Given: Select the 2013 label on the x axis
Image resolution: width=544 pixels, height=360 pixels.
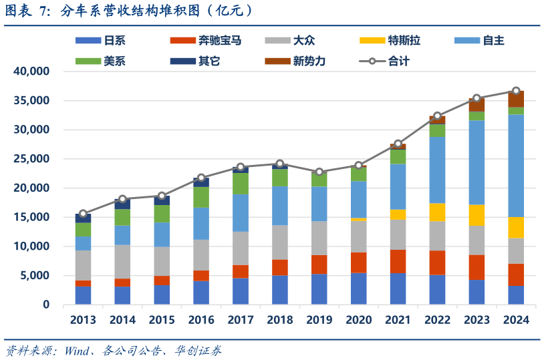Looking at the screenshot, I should pyautogui.click(x=83, y=320).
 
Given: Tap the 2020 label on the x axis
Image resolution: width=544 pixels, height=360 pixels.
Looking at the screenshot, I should pyautogui.click(x=358, y=320).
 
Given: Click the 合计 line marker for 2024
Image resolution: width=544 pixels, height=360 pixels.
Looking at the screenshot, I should pyautogui.click(x=516, y=91).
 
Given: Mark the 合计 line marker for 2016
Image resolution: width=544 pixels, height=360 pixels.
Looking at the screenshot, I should pyautogui.click(x=201, y=178).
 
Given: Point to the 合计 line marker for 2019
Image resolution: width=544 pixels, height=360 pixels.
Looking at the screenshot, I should pyautogui.click(x=319, y=172).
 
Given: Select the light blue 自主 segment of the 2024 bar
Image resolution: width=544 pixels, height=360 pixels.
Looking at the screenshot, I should pyautogui.click(x=516, y=166).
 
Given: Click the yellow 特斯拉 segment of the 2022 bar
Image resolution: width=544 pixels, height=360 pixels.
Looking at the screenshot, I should pyautogui.click(x=437, y=212).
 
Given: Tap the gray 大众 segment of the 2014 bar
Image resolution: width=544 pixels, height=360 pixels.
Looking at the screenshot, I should pyautogui.click(x=122, y=262).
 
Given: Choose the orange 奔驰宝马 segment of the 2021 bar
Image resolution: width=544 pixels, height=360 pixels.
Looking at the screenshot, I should pyautogui.click(x=398, y=261).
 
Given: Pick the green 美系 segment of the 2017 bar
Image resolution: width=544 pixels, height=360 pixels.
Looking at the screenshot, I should pyautogui.click(x=241, y=184).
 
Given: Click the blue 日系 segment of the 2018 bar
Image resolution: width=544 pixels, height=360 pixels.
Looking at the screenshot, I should pyautogui.click(x=280, y=290).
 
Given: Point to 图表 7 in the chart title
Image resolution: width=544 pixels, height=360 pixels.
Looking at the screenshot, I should pyautogui.click(x=27, y=10).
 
